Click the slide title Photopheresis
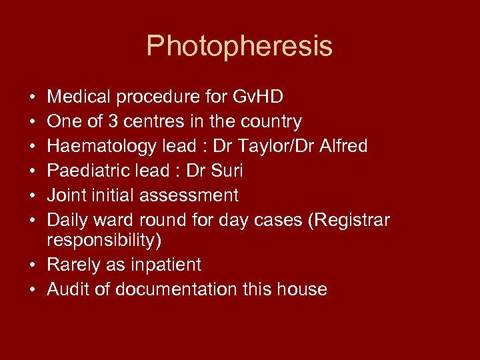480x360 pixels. (239, 46)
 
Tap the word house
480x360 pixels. (303, 289)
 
